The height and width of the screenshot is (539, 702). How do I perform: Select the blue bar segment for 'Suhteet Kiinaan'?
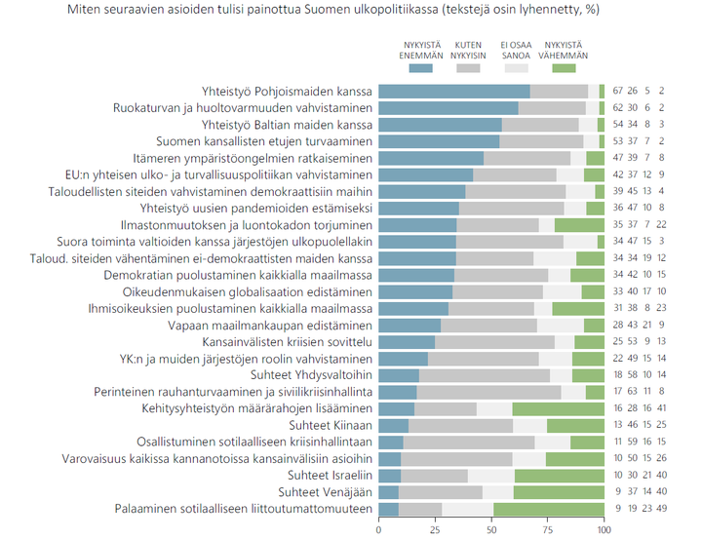pyautogui.click(x=393, y=425)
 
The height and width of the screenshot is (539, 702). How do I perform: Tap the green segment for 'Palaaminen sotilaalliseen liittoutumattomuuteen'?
pyautogui.click(x=549, y=509)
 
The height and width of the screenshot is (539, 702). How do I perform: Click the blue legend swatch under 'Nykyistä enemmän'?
pyautogui.click(x=422, y=69)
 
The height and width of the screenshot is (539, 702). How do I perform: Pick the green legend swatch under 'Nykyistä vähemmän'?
pyautogui.click(x=565, y=69)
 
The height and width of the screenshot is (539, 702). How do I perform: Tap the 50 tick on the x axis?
pyautogui.click(x=491, y=530)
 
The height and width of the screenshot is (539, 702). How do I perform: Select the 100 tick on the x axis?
pyautogui.click(x=604, y=530)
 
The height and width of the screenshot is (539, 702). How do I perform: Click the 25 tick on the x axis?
pyautogui.click(x=435, y=530)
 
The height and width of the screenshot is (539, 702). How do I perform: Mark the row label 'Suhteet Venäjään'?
pyautogui.click(x=325, y=492)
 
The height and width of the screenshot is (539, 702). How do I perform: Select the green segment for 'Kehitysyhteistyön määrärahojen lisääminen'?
pyautogui.click(x=558, y=408)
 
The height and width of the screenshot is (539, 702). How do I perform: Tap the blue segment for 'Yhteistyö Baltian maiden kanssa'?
pyautogui.click(x=440, y=125)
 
